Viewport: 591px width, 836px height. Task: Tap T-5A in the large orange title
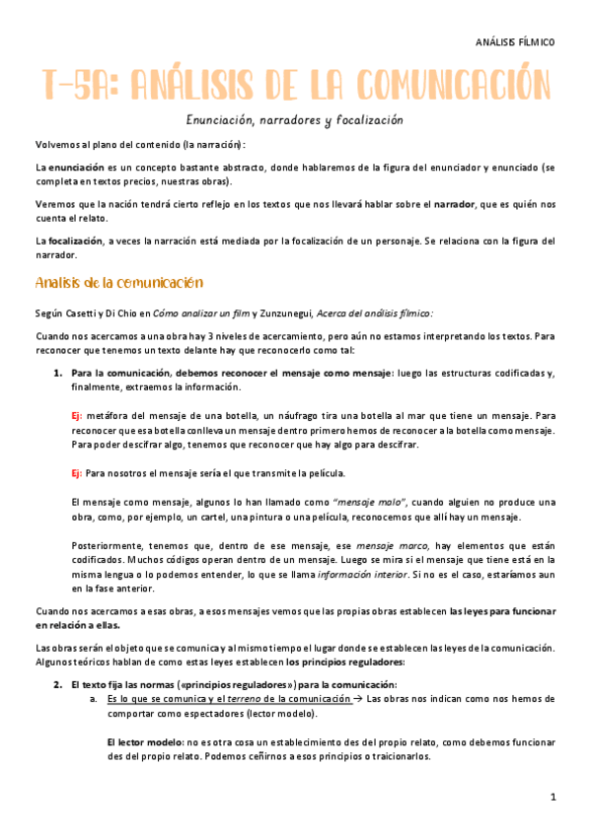point(78,87)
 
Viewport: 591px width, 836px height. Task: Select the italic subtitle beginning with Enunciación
point(296,120)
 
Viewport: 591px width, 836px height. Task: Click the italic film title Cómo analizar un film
point(204,313)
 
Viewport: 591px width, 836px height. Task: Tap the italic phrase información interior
point(358,574)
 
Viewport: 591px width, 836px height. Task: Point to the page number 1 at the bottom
point(554,796)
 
